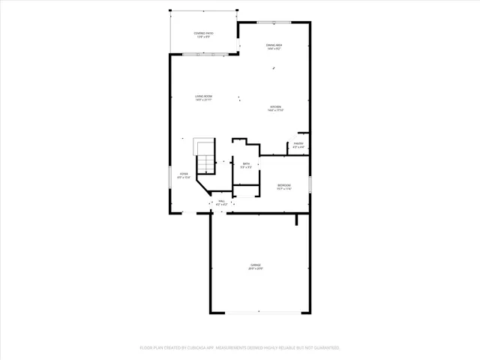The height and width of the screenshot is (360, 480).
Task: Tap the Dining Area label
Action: [x=274, y=46]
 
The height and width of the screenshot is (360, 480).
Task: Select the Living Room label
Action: [x=203, y=96]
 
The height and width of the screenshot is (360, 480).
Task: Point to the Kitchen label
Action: [x=276, y=107]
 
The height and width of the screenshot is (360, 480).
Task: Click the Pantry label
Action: [x=298, y=143]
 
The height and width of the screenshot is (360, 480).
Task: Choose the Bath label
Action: [x=245, y=163]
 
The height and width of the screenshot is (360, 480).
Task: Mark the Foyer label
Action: [x=183, y=174]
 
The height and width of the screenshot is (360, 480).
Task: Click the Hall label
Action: [x=221, y=201]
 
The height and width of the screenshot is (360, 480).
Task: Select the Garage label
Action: [x=256, y=265]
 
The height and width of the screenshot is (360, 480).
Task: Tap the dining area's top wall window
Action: [x=274, y=22]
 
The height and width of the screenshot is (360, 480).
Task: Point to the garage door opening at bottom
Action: [x=259, y=311]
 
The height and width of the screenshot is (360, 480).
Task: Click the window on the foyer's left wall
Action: [x=170, y=178]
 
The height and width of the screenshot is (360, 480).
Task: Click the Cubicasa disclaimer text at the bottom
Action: [x=240, y=347]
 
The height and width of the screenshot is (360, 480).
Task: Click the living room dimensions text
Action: [x=203, y=100]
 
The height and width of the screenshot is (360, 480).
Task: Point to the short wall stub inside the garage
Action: [x=298, y=218]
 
